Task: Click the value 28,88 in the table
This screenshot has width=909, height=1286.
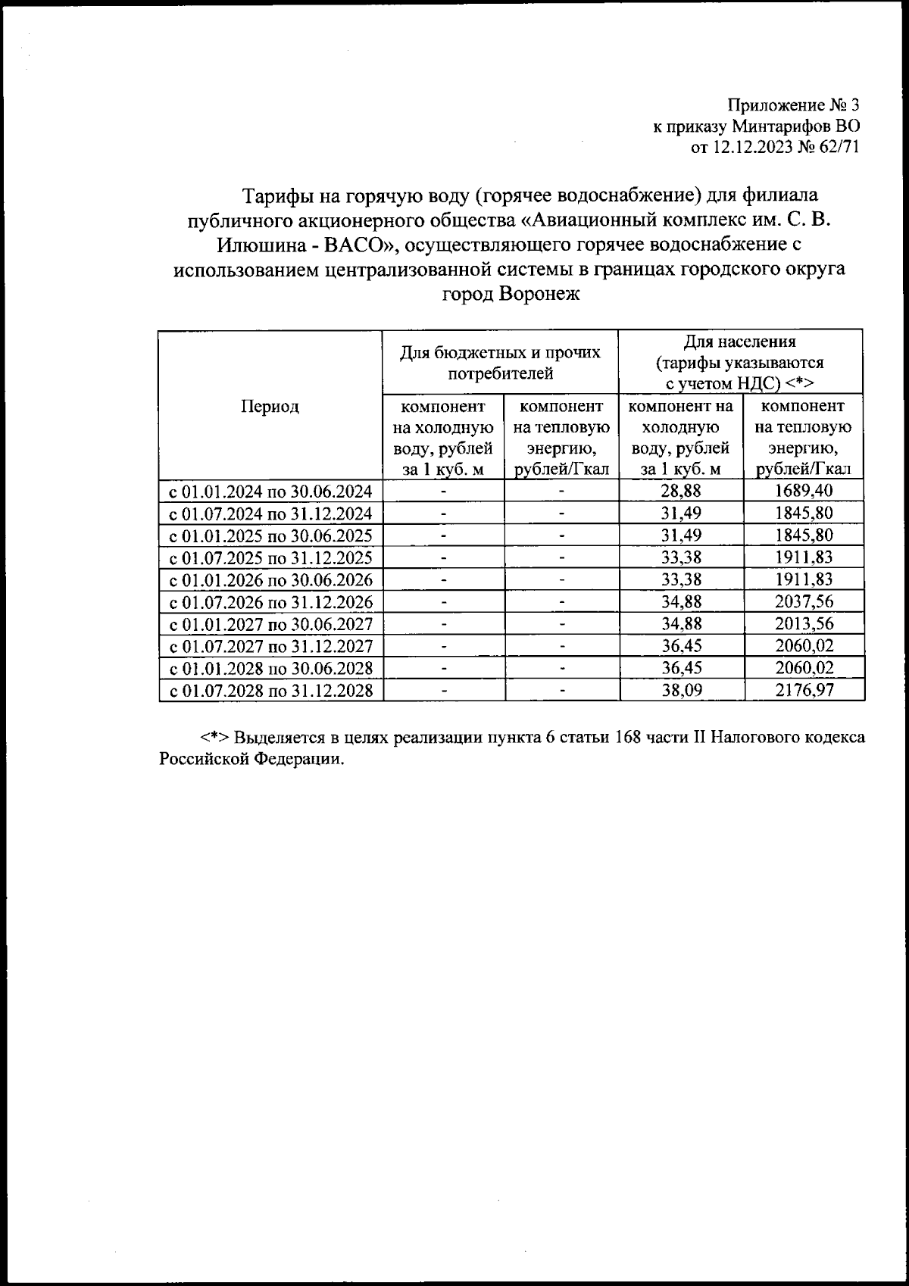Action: [x=681, y=491]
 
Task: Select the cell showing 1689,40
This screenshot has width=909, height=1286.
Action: [x=804, y=491]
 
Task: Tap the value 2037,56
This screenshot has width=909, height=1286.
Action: [x=804, y=601]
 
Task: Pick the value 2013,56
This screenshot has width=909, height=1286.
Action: [x=804, y=623]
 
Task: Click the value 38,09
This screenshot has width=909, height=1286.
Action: [x=681, y=690]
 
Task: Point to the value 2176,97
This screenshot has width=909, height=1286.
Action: [x=804, y=690]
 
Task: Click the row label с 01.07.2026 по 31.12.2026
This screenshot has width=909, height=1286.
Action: [x=270, y=602]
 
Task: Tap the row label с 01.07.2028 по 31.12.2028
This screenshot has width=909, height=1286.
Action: [x=270, y=691]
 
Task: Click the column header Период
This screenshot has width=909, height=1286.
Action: [x=270, y=406]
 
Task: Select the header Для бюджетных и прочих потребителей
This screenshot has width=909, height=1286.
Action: [x=500, y=362]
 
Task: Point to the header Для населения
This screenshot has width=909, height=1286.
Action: [x=740, y=342]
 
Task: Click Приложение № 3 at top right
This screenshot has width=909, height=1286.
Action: [x=793, y=105]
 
